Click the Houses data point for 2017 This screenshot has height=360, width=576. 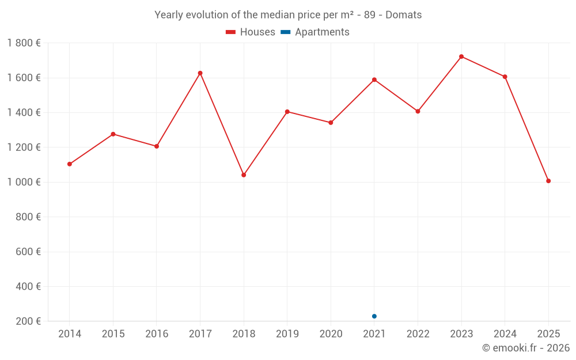click(x=200, y=73)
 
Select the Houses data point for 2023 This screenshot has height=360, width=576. click(x=461, y=56)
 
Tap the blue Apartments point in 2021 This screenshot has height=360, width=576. click(x=374, y=316)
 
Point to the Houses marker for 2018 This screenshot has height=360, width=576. click(x=244, y=175)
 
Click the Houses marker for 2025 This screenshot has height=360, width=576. click(x=548, y=181)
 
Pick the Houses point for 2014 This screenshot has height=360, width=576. click(x=70, y=164)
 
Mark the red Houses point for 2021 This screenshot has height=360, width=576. click(x=374, y=79)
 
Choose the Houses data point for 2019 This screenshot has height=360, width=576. click(x=287, y=112)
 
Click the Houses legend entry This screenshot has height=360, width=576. click(x=251, y=32)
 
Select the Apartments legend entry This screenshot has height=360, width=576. click(x=315, y=32)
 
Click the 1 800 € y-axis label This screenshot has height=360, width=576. click(x=24, y=43)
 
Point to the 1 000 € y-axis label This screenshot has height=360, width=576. click(x=24, y=182)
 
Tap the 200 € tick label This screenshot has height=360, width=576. click(x=29, y=321)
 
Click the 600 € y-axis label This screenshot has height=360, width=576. click(x=29, y=252)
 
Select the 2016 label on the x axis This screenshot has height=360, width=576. click(x=157, y=334)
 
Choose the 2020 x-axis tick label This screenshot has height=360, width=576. click(x=331, y=334)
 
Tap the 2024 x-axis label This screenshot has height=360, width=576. click(x=505, y=334)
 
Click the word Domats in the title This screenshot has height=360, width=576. click(x=403, y=15)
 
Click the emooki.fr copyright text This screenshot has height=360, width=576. click(x=525, y=348)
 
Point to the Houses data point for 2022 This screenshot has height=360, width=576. click(x=418, y=111)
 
